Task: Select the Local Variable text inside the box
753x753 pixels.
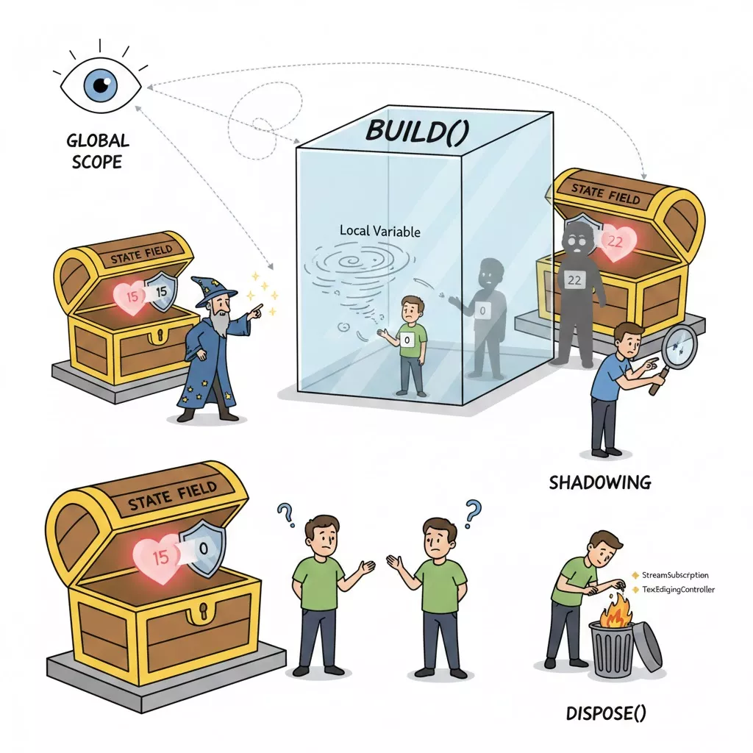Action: pos(380,231)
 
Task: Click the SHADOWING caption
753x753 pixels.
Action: pos(599,482)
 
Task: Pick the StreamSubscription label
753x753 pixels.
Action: pos(674,574)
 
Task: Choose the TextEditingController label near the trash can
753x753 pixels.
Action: pos(677,589)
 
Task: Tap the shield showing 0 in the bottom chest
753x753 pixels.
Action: pos(203,547)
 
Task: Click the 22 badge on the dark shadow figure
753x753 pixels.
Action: pos(575,279)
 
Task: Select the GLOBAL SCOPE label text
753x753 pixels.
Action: pos(97,151)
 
